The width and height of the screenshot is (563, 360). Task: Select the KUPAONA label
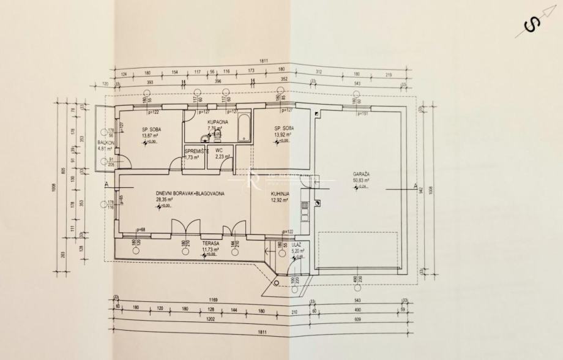[218, 123]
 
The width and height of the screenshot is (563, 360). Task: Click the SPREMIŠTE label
[197, 151]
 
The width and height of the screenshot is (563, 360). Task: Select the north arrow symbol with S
[531, 25]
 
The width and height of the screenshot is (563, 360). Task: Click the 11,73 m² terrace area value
[195, 250]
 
